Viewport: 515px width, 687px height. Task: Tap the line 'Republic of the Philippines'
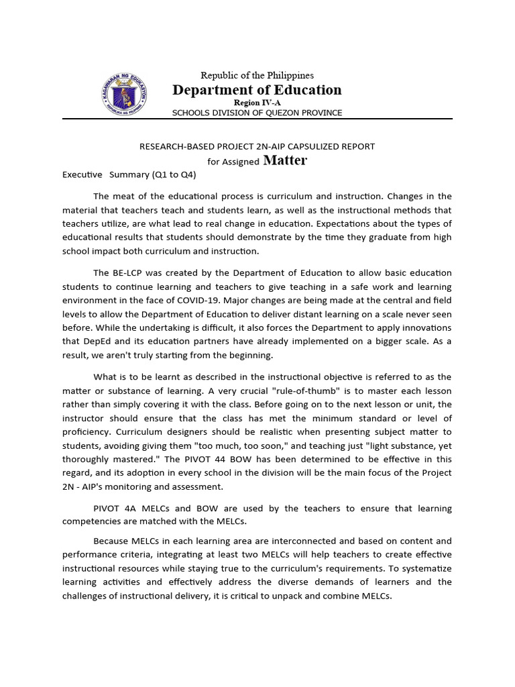pyautogui.click(x=257, y=75)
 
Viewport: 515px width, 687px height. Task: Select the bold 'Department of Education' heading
pyautogui.click(x=257, y=90)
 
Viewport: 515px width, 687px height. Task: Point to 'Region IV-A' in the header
pyautogui.click(x=257, y=102)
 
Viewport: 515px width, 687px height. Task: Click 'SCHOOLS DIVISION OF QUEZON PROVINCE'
pyautogui.click(x=257, y=113)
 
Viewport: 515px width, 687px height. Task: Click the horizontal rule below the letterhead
pyautogui.click(x=257, y=119)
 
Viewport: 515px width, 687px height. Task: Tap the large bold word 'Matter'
pyautogui.click(x=285, y=160)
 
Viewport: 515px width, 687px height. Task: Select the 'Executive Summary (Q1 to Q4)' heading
pyautogui.click(x=129, y=174)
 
